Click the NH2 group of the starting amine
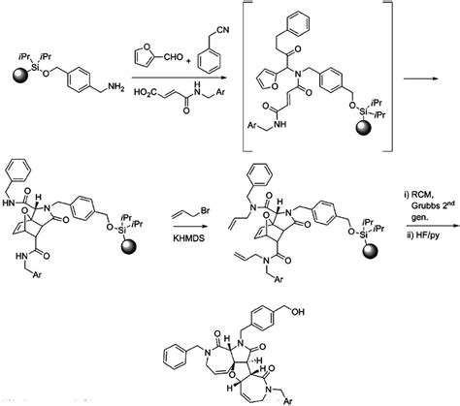115,87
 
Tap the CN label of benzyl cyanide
222,30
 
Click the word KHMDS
189,238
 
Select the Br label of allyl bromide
205,211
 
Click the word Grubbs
423,206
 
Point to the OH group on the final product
298,312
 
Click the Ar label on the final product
288,401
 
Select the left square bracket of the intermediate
244,77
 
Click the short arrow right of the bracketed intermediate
421,78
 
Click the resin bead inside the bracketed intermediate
364,129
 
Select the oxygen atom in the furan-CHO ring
145,47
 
